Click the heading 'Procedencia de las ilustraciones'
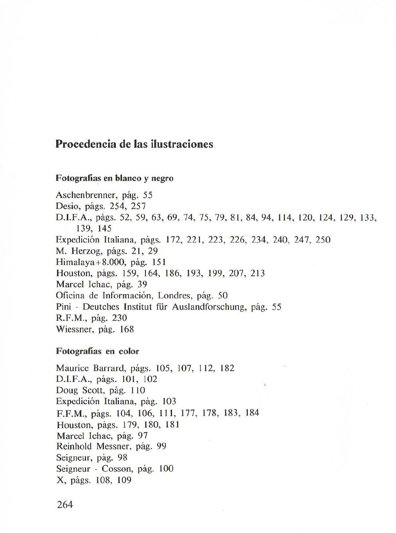coord(134,144)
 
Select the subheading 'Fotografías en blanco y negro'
coord(114,178)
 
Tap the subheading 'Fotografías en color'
coord(97,351)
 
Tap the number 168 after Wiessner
coord(127,330)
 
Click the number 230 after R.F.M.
coord(120,318)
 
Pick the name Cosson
coord(117,469)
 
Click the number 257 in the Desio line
coord(139,207)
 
